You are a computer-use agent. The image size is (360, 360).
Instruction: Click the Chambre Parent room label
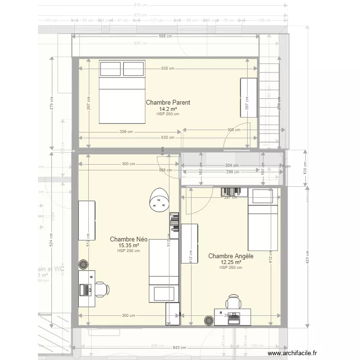tap(168, 102)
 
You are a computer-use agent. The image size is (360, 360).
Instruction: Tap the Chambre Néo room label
tap(129, 239)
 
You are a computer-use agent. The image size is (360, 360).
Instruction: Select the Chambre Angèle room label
tap(230, 256)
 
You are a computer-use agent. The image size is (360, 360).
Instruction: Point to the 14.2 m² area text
tap(168, 108)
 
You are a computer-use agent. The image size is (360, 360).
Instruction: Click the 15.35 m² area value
tap(129, 245)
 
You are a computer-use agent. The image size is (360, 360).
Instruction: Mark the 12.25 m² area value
tap(230, 263)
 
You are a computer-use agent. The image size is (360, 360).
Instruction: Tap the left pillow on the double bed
tap(111, 69)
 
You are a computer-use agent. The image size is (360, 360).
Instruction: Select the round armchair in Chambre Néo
tap(159, 200)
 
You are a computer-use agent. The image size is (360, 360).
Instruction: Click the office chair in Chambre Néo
tap(102, 289)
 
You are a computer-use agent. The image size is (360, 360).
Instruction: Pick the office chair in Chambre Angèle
tap(234, 302)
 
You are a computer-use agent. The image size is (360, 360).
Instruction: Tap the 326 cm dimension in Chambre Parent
tap(127, 132)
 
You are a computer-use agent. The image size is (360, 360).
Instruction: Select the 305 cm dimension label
tap(234, 130)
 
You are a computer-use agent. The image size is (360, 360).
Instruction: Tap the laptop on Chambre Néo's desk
tap(86, 289)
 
